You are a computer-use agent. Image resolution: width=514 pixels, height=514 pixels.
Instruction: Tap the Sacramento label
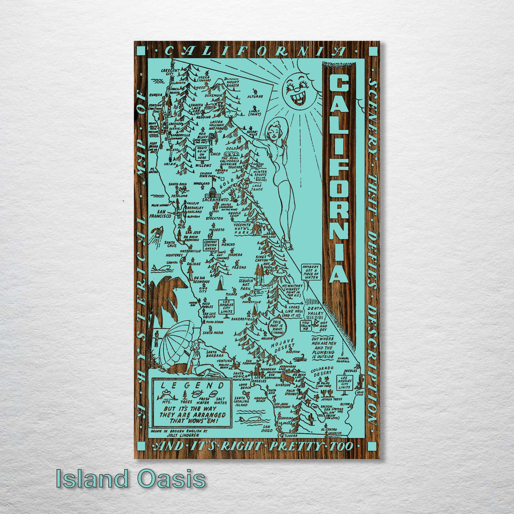pyautogui.click(x=216, y=200)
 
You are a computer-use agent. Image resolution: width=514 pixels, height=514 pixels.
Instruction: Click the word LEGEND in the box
pyautogui.click(x=193, y=385)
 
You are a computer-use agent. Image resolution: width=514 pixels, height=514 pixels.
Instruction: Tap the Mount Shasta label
pyautogui.click(x=233, y=84)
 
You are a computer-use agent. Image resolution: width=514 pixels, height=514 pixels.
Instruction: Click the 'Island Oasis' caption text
pyautogui.click(x=130, y=478)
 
